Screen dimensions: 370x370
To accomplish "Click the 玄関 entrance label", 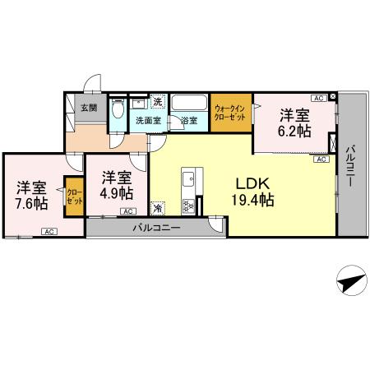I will pyautogui.click(x=88, y=108).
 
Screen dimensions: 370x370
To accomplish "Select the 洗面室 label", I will pyautogui.click(x=148, y=121).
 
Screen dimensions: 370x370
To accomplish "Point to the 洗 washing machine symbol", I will pyautogui.click(x=158, y=103).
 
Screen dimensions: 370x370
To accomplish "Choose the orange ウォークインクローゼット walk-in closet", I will pyautogui.click(x=229, y=113).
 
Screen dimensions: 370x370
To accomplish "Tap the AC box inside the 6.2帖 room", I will pyautogui.click(x=317, y=98).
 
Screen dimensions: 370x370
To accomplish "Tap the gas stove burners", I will pyautogui.click(x=188, y=203).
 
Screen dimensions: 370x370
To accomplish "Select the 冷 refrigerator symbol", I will pyautogui.click(x=157, y=208).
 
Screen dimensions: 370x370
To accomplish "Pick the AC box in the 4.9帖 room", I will pyautogui.click(x=129, y=211).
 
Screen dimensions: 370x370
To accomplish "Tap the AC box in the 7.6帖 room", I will pyautogui.click(x=49, y=231).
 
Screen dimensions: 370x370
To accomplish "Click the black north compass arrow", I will pyautogui.click(x=349, y=281).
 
